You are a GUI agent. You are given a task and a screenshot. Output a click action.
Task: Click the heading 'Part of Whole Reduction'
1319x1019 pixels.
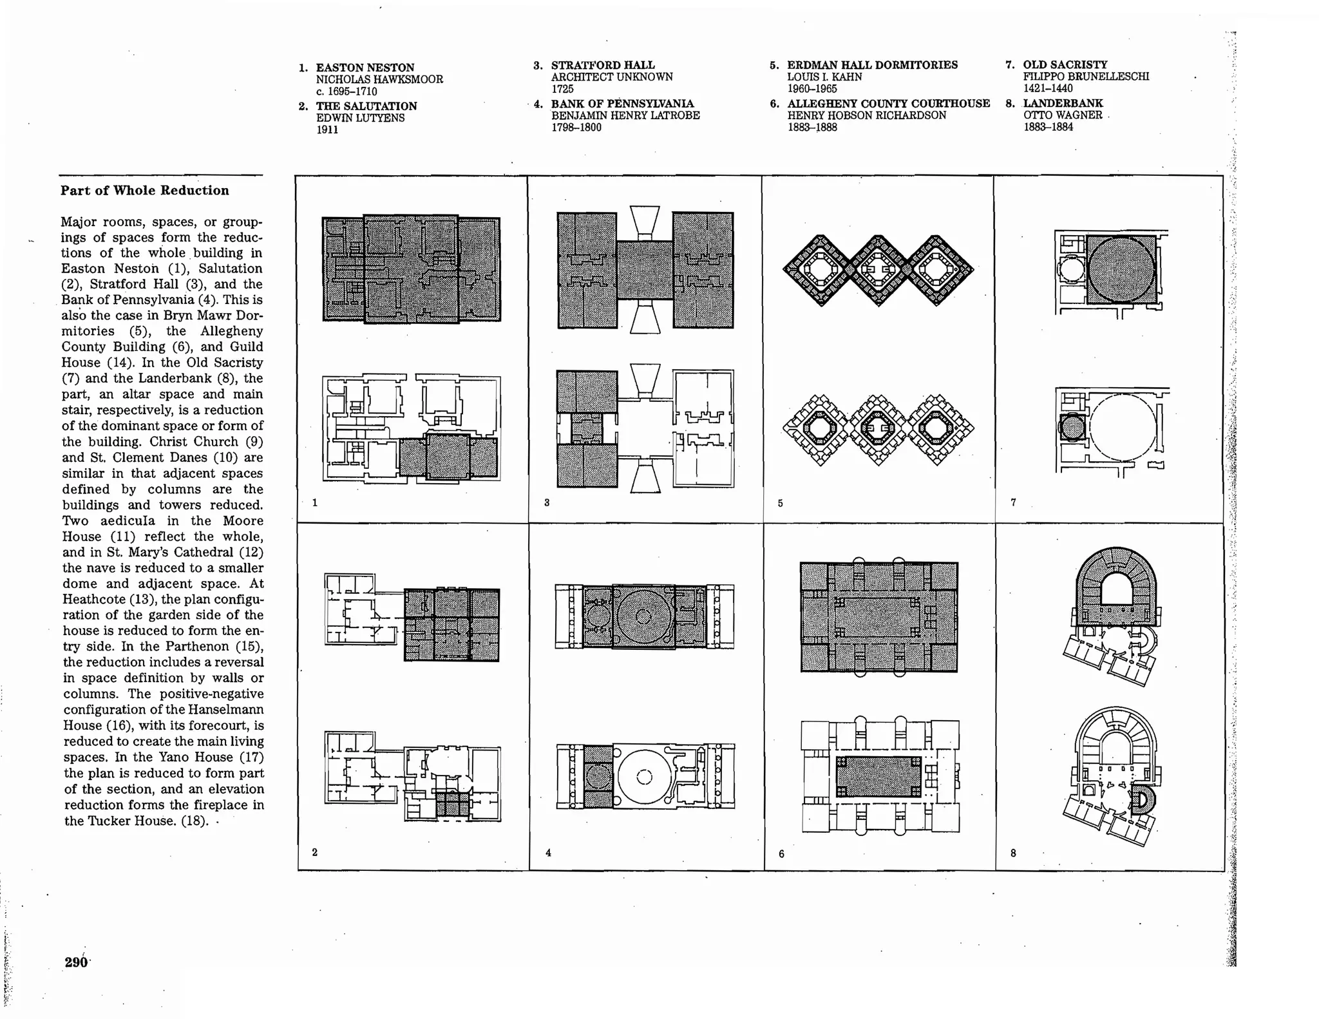click(x=145, y=191)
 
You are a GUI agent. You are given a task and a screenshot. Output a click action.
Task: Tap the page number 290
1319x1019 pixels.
click(x=76, y=962)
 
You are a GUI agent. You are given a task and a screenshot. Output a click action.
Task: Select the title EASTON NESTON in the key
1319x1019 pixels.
click(x=365, y=68)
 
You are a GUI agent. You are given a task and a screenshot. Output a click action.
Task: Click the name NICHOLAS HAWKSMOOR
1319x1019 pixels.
click(x=379, y=79)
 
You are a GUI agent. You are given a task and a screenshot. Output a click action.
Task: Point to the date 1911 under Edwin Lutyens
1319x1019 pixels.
click(x=327, y=129)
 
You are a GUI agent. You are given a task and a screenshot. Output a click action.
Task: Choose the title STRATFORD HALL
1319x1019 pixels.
click(x=603, y=65)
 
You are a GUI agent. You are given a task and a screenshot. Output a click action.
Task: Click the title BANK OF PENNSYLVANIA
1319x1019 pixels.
click(x=622, y=104)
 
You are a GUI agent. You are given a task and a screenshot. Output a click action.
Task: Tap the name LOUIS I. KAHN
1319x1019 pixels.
click(x=824, y=77)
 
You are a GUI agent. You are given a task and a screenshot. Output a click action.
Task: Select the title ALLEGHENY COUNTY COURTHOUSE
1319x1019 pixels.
click(x=888, y=104)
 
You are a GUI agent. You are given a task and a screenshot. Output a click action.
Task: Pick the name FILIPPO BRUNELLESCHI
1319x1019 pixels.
click(x=1086, y=77)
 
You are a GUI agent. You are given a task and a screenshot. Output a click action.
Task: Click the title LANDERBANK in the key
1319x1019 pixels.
click(x=1063, y=103)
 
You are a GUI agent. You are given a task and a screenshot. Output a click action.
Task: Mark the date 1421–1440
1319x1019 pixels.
click(x=1048, y=88)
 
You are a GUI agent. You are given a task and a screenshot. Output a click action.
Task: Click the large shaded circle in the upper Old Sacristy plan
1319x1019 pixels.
click(x=1121, y=269)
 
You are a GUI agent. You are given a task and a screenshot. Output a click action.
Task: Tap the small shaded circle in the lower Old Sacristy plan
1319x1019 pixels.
click(x=1072, y=427)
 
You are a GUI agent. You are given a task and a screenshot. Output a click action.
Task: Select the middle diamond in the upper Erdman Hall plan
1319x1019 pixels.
click(x=878, y=270)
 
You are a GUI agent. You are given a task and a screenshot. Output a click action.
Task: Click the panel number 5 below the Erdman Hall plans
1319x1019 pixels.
click(x=780, y=503)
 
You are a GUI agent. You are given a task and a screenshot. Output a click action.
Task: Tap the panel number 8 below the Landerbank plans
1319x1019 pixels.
click(x=1013, y=853)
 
